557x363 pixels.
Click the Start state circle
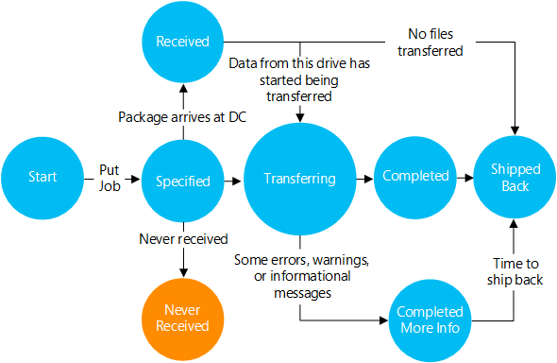pos(42,177)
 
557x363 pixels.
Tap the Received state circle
pos(182,41)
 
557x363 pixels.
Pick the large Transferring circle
pos(298,178)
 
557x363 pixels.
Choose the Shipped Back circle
pos(515,177)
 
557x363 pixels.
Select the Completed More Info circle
pos(430,319)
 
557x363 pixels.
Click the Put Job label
pos(110,177)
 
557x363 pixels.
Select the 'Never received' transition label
pos(183,239)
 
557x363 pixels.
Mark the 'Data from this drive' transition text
pos(298,78)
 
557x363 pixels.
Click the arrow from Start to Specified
pos(129,177)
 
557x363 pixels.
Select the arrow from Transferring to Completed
pos(363,177)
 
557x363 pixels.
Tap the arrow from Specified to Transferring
pos(230,177)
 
